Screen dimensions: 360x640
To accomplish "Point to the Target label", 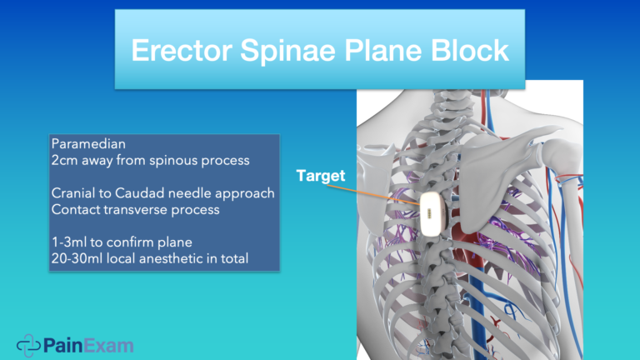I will coord(321,177).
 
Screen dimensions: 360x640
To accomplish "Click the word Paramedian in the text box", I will coord(82,145).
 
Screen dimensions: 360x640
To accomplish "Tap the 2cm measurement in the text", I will coord(64,161).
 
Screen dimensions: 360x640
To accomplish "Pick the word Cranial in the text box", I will coord(72,193).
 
